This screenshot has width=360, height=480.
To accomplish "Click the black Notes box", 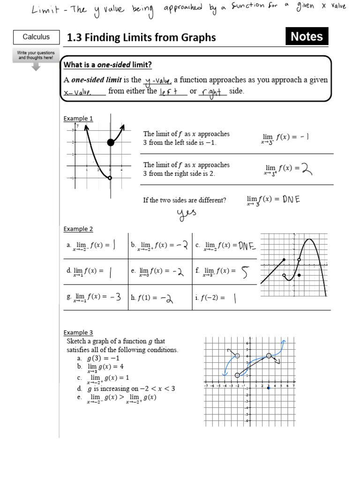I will [x=307, y=37].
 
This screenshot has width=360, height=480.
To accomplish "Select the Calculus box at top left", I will [x=36, y=37].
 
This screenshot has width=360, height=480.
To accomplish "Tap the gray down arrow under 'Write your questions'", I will [x=36, y=67].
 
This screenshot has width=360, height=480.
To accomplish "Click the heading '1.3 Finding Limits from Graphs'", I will [x=142, y=37].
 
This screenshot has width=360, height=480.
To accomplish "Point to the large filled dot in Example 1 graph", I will [x=111, y=142].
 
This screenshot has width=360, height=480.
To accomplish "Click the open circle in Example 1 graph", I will [x=110, y=178].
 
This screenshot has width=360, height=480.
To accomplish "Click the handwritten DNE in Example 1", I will [x=291, y=199].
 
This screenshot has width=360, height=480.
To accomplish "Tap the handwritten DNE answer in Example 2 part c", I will [x=247, y=245].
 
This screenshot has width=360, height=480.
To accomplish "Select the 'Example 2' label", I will [x=78, y=229].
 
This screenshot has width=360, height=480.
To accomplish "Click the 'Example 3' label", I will [x=78, y=333].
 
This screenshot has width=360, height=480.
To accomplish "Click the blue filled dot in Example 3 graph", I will [x=269, y=388].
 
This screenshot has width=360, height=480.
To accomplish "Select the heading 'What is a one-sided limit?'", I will [x=108, y=64].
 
